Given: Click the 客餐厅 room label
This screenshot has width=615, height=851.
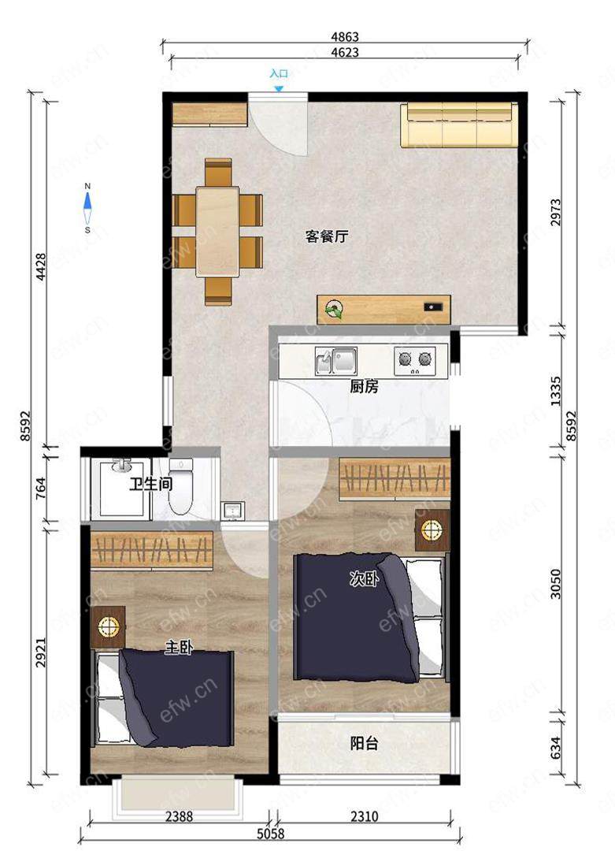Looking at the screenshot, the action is [x=327, y=236].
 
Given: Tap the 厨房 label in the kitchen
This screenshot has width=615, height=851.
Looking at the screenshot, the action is [x=364, y=387].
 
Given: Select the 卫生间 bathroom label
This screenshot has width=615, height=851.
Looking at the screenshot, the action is [x=150, y=484].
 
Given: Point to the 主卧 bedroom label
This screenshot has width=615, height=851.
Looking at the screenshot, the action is [x=179, y=647].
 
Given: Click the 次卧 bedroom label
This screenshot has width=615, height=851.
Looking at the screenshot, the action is [x=364, y=580].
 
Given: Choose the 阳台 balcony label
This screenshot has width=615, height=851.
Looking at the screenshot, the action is [x=364, y=743].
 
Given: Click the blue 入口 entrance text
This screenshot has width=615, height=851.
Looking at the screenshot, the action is [x=279, y=73].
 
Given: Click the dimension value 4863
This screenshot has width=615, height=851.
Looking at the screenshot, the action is [x=345, y=37].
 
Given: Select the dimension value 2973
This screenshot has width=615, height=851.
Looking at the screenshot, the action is [x=555, y=212].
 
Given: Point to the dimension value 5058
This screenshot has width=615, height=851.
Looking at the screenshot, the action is [x=271, y=833].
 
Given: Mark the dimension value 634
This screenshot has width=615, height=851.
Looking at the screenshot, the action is [x=555, y=748].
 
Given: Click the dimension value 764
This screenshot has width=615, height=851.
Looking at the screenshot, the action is [x=40, y=489].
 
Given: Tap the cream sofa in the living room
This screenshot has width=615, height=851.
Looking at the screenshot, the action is [x=456, y=125].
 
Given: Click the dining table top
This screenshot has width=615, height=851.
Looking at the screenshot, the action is [x=217, y=232].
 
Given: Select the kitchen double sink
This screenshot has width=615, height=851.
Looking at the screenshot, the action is [x=335, y=362].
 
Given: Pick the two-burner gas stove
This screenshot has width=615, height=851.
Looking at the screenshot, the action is [x=415, y=360].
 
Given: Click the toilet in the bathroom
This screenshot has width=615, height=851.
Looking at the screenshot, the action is [x=180, y=486].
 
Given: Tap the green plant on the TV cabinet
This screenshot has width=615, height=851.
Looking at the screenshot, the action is [x=332, y=310].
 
